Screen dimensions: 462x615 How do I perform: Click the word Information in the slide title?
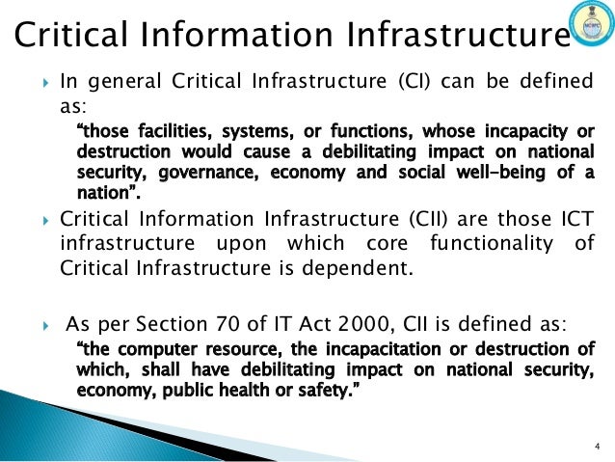click(225, 38)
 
